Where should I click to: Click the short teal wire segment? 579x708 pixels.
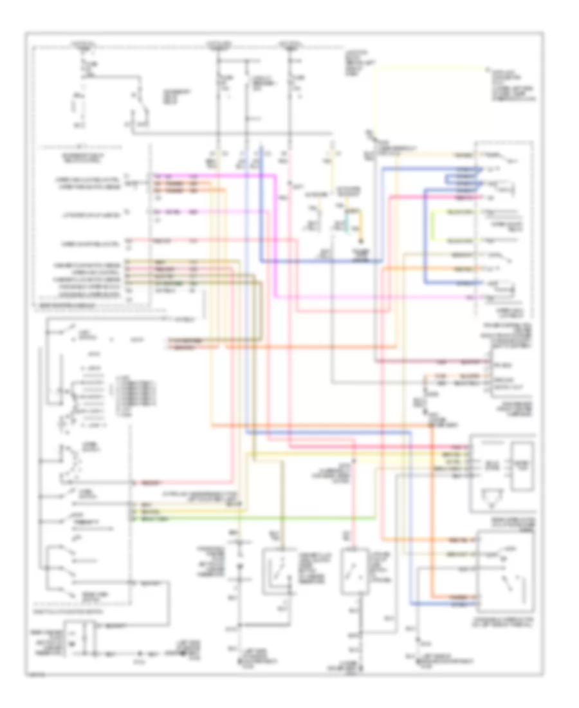coord(345,226)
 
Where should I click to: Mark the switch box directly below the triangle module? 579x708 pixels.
coord(505,572)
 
